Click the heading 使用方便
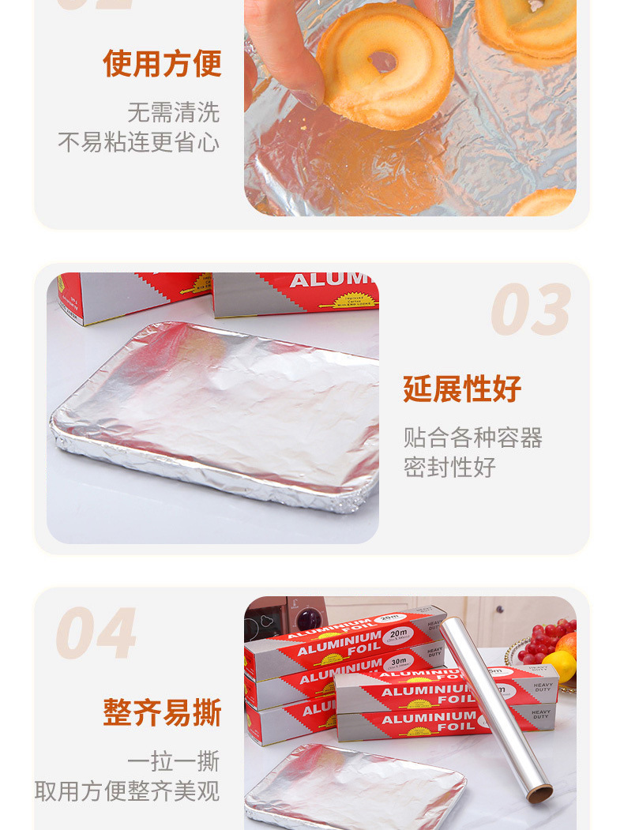click(162, 64)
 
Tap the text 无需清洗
click(174, 112)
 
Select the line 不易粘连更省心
click(138, 143)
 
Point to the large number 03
click(530, 310)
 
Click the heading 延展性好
click(462, 389)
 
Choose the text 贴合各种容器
click(472, 438)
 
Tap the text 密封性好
click(449, 467)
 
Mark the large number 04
click(96, 633)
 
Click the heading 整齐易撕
click(162, 712)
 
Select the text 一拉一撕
click(174, 761)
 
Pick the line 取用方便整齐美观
click(127, 791)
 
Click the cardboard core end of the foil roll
click(541, 793)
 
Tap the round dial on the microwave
click(311, 618)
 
